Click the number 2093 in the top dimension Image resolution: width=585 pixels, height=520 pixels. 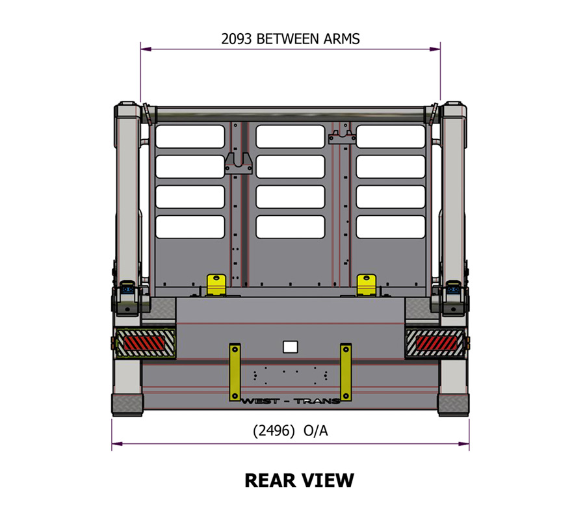point(237,38)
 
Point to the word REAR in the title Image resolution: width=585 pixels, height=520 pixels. point(270,480)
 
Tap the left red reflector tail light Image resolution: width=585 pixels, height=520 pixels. point(146,341)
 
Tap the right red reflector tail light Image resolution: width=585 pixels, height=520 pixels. point(437,341)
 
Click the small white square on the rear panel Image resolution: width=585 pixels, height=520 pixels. point(290,346)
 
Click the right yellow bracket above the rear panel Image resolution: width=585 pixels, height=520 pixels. point(366,283)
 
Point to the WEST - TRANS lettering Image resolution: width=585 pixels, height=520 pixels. point(290,400)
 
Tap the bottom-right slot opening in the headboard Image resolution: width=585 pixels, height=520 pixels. point(390,226)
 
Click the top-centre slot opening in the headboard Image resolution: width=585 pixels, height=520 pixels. point(290,136)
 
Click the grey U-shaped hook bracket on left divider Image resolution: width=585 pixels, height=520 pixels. point(239,163)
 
